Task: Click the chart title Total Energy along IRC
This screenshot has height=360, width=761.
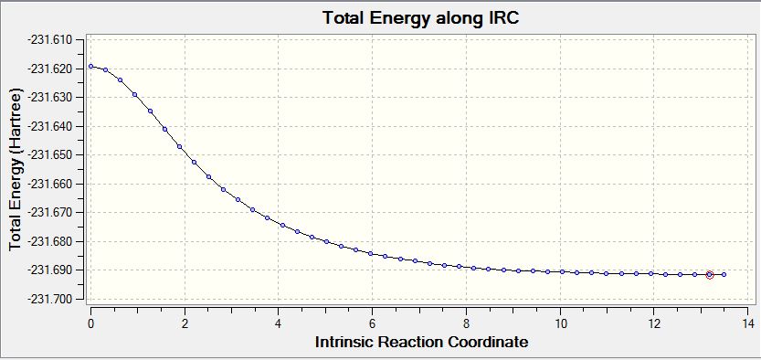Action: (x=421, y=18)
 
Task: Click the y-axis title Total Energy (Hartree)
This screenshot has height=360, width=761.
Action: (x=16, y=169)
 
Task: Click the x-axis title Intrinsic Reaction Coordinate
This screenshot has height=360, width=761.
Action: (x=421, y=342)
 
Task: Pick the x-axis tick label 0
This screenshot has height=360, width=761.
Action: (x=90, y=323)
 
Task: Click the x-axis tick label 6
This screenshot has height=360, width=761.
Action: (x=372, y=323)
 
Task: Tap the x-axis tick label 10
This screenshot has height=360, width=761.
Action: (x=560, y=323)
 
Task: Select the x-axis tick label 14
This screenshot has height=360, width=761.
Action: (x=747, y=323)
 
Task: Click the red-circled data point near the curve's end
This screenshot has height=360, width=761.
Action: (x=709, y=275)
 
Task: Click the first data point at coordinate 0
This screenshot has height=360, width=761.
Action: (x=90, y=66)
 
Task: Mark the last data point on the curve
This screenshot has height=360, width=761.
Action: (x=724, y=275)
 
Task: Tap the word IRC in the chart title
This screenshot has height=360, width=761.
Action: (x=503, y=18)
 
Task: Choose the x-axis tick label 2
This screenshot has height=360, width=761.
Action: (x=185, y=323)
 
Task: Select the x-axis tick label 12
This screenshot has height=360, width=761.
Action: (x=653, y=323)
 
